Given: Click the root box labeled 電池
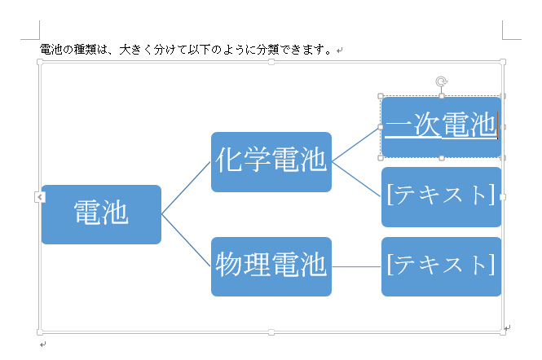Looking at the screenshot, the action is (101, 214).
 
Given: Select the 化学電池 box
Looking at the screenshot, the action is (271, 162).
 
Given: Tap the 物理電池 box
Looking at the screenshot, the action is (271, 266).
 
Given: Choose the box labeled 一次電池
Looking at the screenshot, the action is (442, 127).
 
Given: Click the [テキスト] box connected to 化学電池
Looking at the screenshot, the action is (442, 197).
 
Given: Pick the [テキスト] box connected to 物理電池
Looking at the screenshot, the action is (442, 266).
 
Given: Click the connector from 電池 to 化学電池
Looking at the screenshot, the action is (186, 188).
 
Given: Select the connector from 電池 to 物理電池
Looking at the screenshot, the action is (186, 240).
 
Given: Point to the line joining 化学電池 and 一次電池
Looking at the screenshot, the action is (356, 145).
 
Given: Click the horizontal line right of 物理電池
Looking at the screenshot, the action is (356, 266).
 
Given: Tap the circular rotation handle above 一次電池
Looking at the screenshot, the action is (442, 81).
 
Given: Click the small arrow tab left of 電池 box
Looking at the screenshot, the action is (40, 197).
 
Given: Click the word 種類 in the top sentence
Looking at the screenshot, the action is (85, 50).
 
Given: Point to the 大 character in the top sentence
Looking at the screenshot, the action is (125, 50).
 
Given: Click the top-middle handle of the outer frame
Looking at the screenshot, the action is (271, 62).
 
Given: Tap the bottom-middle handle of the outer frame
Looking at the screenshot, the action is (271, 332).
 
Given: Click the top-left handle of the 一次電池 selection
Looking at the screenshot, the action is (381, 96).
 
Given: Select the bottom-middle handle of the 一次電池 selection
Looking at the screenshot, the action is (442, 158).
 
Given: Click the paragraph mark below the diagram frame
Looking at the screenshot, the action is (42, 344).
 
